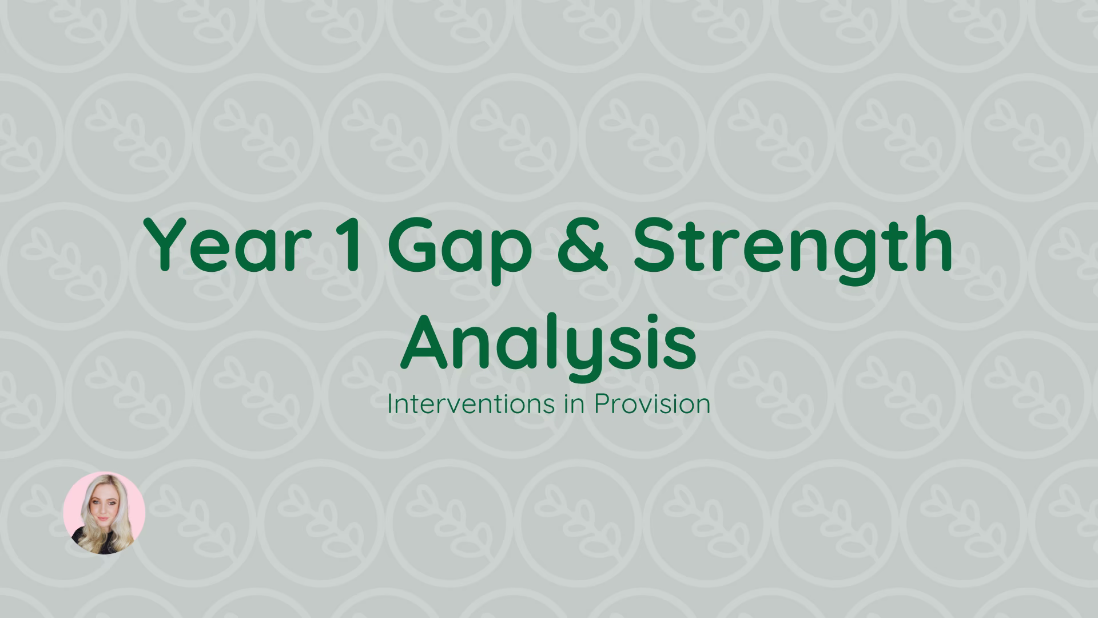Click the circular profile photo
coord(104,513)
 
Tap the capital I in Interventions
coord(389,405)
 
